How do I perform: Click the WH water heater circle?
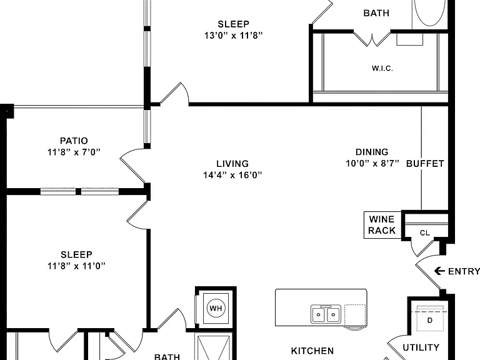click(216, 308)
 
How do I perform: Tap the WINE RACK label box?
click(382, 225)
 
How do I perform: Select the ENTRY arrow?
click(439, 271)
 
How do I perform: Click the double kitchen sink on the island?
click(326, 314)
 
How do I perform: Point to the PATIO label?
click(74, 141)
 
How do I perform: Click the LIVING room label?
click(232, 164)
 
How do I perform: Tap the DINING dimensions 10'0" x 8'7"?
click(372, 164)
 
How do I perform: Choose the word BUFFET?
click(425, 164)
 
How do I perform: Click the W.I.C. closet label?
click(382, 68)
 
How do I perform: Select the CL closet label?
click(425, 233)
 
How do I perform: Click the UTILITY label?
click(421, 347)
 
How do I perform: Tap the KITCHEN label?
click(312, 351)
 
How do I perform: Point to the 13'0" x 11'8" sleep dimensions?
click(233, 36)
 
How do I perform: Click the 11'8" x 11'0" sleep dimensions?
click(76, 266)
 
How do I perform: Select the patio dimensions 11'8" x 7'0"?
click(74, 152)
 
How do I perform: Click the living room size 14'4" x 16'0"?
click(232, 175)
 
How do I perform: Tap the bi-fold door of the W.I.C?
click(372, 39)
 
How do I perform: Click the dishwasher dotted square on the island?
click(355, 315)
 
